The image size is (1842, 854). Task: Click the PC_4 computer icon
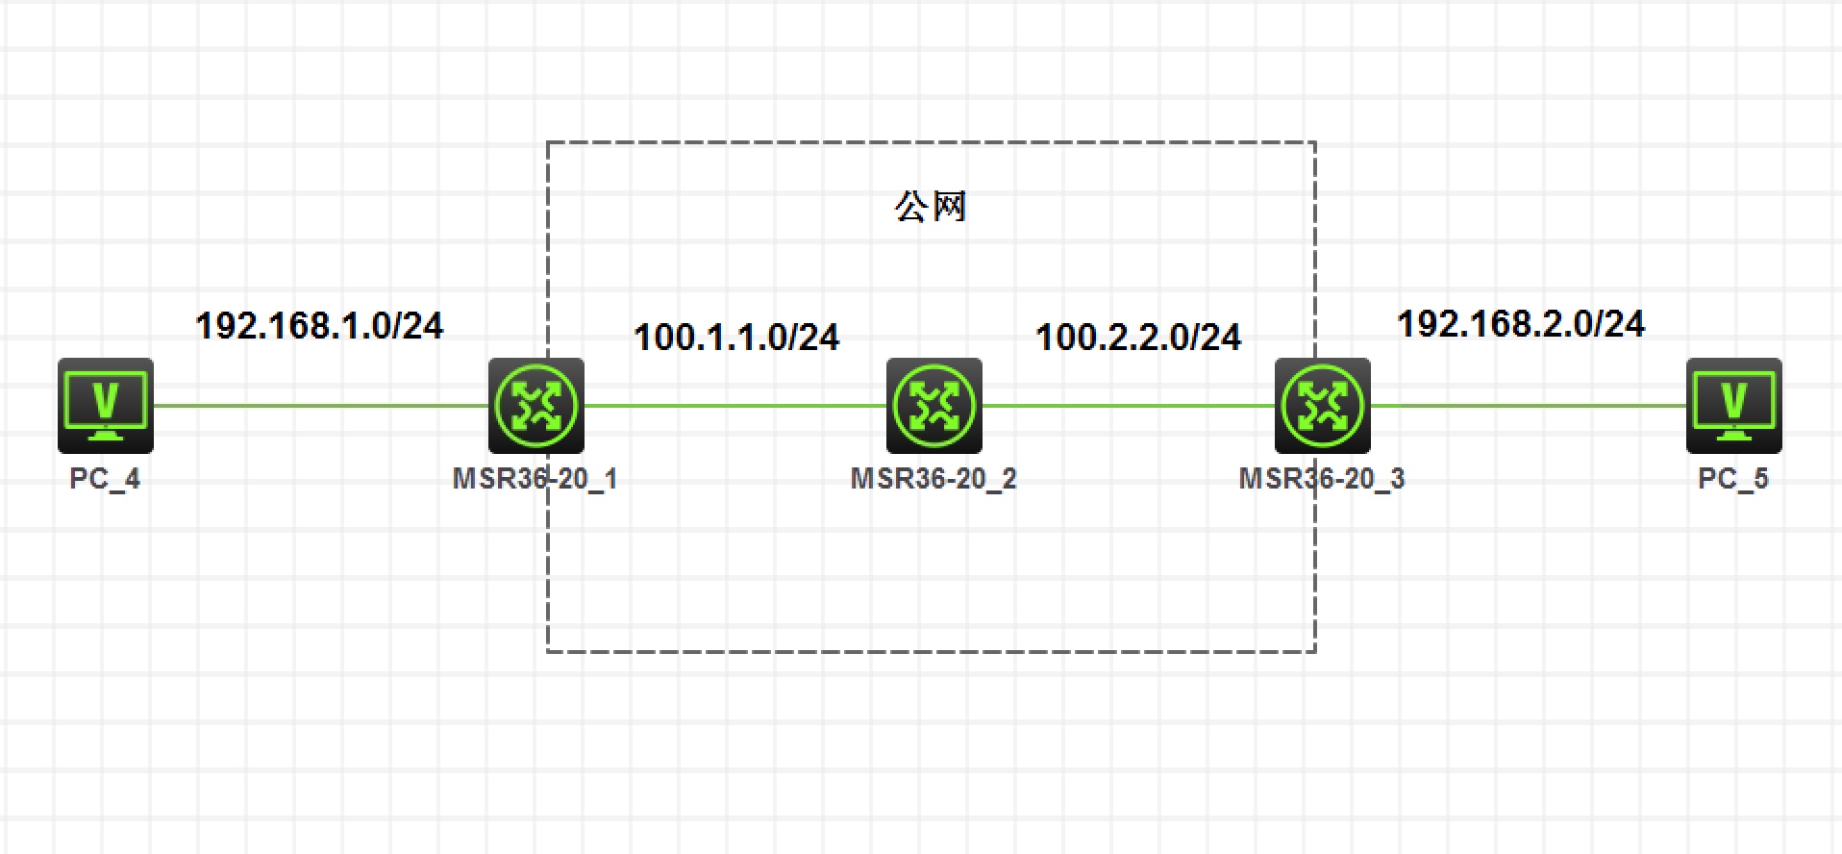[106, 405]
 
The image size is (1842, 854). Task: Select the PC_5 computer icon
[1733, 405]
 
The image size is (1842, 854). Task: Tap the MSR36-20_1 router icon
[536, 405]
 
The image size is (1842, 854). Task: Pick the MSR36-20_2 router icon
[933, 405]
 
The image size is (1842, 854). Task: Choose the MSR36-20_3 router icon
[1322, 405]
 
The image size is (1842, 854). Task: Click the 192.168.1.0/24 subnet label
[319, 326]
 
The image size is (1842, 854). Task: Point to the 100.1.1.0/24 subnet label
[736, 338]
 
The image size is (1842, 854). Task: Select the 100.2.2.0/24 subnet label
[1138, 338]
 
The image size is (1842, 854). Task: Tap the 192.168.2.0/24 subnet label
[1520, 324]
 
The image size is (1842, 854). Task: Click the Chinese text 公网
[930, 207]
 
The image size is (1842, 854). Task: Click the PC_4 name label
[105, 478]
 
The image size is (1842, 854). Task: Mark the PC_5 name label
[1732, 478]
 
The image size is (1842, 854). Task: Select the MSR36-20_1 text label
[535, 478]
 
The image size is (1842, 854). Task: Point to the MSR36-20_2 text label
[933, 478]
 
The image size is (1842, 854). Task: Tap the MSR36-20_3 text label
[1322, 478]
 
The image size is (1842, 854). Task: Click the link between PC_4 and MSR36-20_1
[320, 405]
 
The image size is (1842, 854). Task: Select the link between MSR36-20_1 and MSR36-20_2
[735, 405]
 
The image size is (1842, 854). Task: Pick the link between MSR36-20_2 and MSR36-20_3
[1129, 405]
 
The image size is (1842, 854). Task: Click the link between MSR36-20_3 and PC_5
[1529, 405]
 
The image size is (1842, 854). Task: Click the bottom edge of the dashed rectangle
[931, 651]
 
